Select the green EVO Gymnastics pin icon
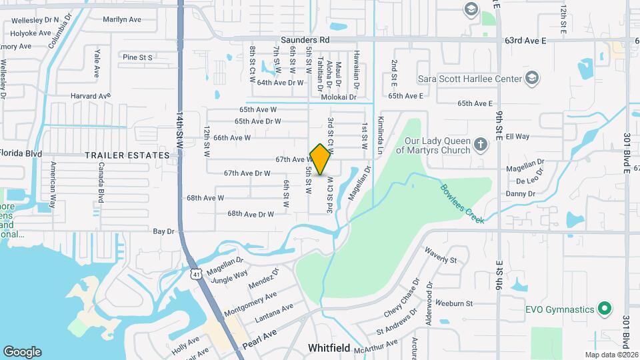coord(605,309)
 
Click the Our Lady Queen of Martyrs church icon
coord(480,144)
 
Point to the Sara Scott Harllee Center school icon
coord(531,79)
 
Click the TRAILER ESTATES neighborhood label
coord(127,155)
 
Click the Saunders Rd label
coord(305,41)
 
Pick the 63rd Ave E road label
coord(525,41)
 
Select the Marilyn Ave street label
coord(122,19)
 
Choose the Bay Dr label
coord(163,231)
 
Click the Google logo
coord(22,352)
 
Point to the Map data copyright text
coord(611,355)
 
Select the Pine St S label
coord(138,57)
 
